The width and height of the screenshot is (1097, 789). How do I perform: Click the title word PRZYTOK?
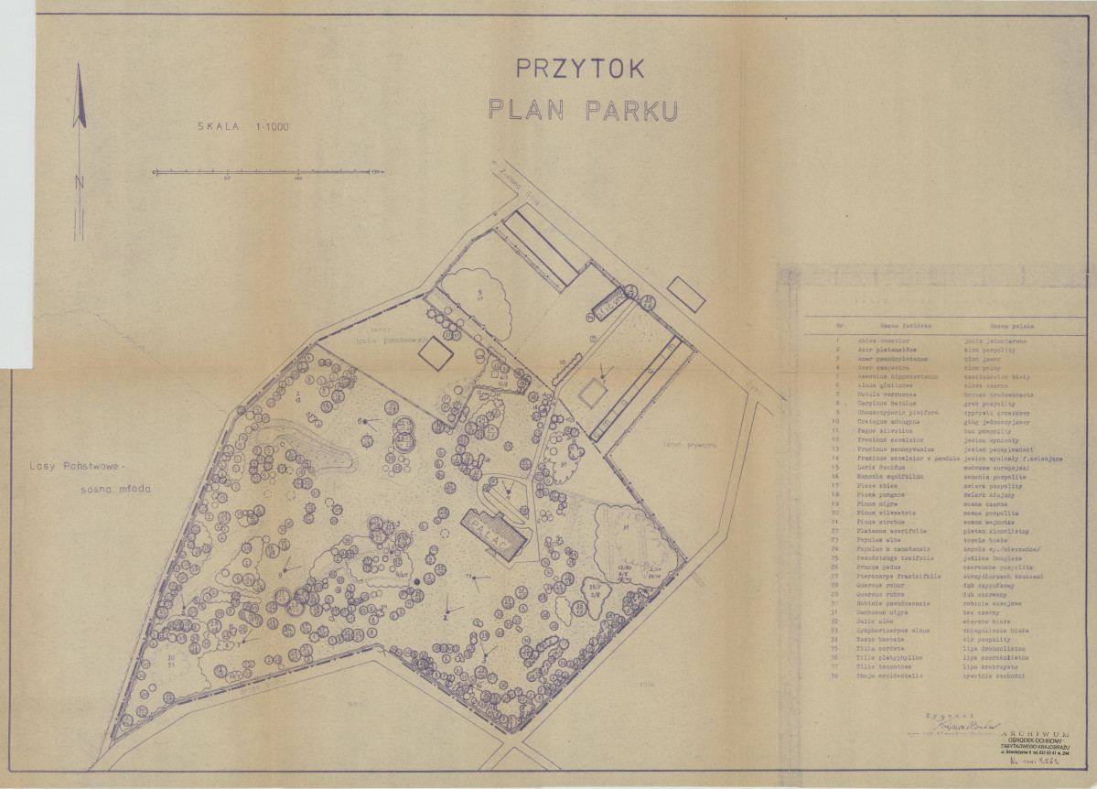point(581,69)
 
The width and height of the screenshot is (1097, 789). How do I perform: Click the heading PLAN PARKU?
point(582,110)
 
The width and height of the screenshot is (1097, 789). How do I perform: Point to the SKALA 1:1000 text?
point(242,127)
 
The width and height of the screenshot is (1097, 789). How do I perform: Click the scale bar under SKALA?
point(266,171)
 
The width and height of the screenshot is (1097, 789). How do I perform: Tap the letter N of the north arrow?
point(80,181)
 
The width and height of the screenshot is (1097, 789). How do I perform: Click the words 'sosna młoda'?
point(115,488)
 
